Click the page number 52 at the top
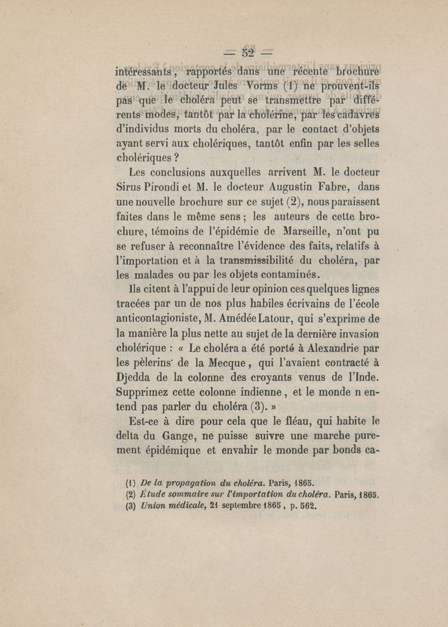click(x=248, y=53)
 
